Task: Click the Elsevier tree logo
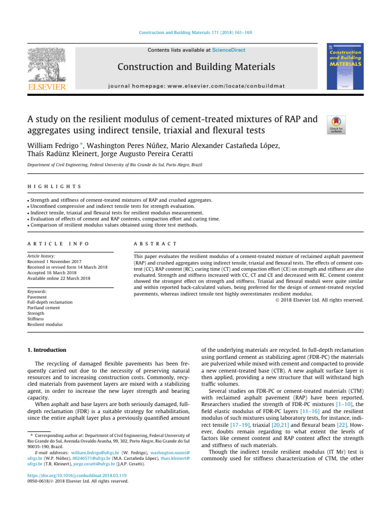click(x=46, y=68)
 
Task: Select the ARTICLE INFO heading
click(x=58, y=243)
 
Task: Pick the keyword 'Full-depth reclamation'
click(x=50, y=302)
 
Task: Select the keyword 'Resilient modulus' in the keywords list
click(x=45, y=325)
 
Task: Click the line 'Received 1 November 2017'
click(x=54, y=262)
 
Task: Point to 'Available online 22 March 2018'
click(x=59, y=278)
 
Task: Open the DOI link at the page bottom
click(x=70, y=475)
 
